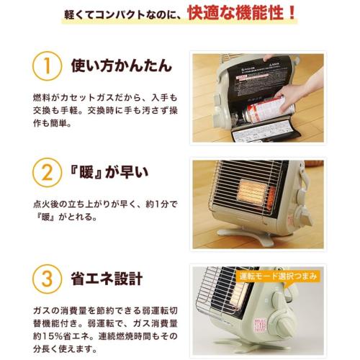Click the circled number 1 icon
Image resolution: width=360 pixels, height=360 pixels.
47,66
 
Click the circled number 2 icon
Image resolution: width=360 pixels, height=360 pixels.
47,172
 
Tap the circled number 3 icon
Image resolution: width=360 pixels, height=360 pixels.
47,279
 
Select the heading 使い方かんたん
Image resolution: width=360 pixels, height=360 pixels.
122,66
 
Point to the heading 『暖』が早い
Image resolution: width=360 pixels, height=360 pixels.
109,172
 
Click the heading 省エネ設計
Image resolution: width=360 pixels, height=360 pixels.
107,279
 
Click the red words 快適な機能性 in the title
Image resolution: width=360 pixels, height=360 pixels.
235,13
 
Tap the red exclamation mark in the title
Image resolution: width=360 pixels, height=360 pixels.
292,13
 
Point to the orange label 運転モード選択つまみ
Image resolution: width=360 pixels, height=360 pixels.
279,276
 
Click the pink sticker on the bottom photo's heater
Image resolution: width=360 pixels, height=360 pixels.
261,325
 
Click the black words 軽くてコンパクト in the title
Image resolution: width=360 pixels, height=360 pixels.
104,15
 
